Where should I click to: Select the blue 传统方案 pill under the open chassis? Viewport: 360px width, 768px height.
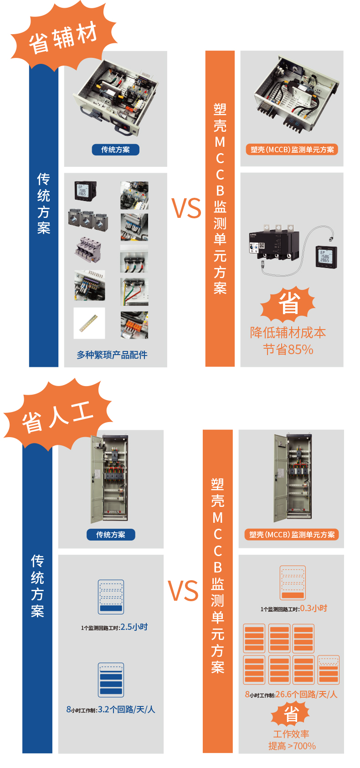(x=116, y=149)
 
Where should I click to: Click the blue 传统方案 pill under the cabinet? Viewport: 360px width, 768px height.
(x=111, y=535)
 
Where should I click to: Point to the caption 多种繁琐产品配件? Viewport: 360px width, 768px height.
(x=112, y=355)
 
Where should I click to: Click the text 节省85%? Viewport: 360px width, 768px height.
(x=288, y=350)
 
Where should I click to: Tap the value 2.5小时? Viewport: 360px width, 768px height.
(x=134, y=627)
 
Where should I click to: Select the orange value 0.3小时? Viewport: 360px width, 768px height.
(x=314, y=608)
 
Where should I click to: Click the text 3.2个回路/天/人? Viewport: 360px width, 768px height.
(x=127, y=709)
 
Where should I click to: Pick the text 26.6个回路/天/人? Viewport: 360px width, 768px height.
(x=307, y=694)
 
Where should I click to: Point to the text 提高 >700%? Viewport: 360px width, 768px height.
(x=292, y=746)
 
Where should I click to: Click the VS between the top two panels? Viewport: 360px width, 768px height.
(x=186, y=208)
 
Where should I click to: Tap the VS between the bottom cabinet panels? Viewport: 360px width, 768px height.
(x=183, y=591)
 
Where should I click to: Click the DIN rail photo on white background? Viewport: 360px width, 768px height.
(x=89, y=323)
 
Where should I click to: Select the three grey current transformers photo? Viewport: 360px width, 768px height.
(x=88, y=220)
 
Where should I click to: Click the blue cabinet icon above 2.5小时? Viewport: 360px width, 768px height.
(x=111, y=597)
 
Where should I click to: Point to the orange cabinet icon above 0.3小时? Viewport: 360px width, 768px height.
(x=293, y=583)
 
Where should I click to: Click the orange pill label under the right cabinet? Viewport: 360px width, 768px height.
(x=292, y=535)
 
